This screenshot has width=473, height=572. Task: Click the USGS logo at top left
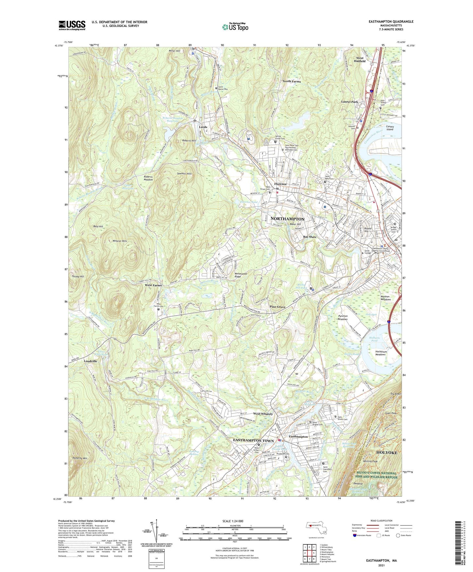coord(72,25)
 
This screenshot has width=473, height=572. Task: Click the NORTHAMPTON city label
coord(287,219)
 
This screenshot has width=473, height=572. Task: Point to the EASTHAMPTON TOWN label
coord(253,441)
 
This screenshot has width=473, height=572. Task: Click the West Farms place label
coord(153,285)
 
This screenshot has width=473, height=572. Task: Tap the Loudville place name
coord(90,361)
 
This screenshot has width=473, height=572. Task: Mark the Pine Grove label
coord(277,307)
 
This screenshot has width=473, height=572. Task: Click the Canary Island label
coord(390,128)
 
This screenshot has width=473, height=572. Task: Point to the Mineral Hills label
coord(119,241)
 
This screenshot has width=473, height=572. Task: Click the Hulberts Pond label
coord(374,339)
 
